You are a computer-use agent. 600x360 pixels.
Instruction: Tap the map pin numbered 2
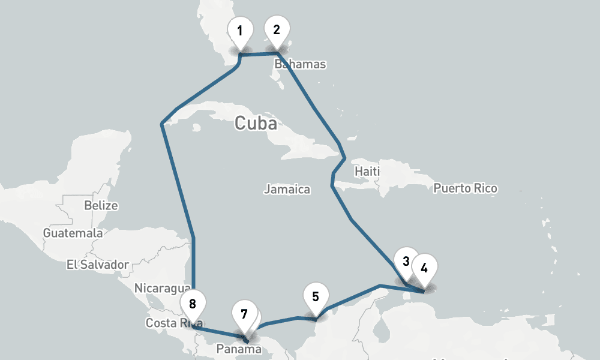point(277,30)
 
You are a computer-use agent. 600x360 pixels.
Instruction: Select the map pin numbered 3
point(406,261)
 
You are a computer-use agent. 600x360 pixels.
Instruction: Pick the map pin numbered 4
point(424,268)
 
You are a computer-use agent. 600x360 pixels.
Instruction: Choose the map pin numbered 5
point(316,295)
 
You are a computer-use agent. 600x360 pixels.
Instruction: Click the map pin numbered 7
point(244,314)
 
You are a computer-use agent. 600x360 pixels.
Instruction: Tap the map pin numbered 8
point(193,304)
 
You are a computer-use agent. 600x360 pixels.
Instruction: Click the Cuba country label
point(256,124)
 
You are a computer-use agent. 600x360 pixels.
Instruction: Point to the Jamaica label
point(287,190)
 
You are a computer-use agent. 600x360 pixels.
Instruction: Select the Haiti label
point(367,172)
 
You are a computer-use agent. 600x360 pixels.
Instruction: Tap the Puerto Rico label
point(466,188)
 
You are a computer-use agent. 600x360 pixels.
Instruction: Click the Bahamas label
point(300,64)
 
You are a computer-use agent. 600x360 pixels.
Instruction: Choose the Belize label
point(101,205)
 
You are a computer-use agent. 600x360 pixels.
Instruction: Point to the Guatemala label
point(73,233)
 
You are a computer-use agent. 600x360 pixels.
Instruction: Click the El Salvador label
point(98,264)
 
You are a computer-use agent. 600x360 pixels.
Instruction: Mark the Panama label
point(239,349)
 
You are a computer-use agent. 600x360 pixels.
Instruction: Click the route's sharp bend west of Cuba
point(162,124)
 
